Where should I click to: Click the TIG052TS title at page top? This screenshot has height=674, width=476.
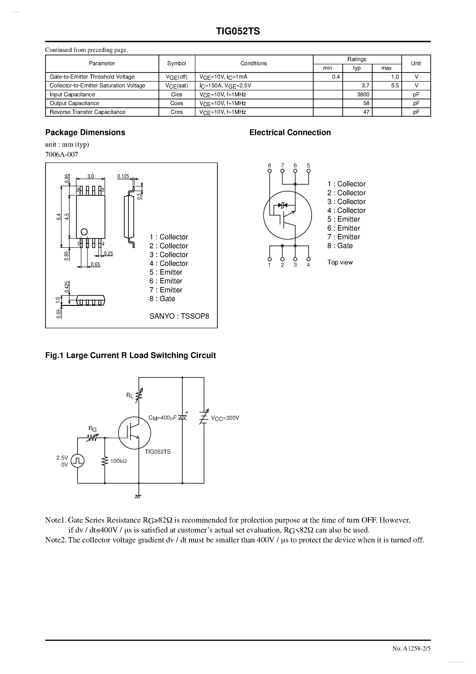click(238, 31)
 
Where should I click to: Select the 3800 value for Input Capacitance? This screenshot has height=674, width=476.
click(363, 95)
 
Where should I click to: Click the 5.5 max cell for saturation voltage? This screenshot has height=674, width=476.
click(395, 86)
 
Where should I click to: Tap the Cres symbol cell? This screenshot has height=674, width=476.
click(176, 112)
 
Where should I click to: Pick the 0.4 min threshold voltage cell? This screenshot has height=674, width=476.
click(336, 77)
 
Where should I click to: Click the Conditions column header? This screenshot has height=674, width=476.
click(254, 63)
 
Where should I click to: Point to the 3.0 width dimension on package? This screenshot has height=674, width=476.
click(90, 176)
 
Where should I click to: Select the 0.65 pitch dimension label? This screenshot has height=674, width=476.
click(95, 264)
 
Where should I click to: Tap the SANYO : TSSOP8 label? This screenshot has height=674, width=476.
click(179, 316)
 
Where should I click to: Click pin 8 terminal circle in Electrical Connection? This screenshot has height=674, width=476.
click(269, 171)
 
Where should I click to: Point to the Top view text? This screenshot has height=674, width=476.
click(340, 263)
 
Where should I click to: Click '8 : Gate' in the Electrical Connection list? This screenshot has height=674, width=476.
click(340, 246)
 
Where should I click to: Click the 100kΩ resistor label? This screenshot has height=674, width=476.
click(118, 461)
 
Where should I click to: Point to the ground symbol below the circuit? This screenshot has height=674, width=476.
click(138, 497)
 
